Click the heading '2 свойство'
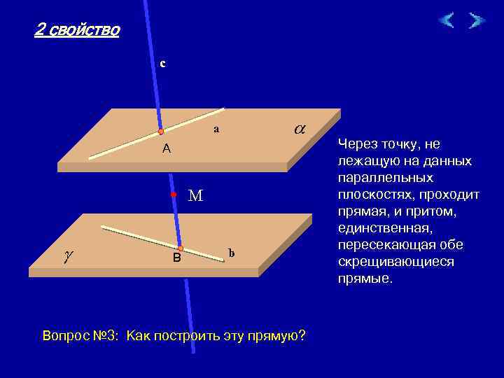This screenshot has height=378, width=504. pos(77,30)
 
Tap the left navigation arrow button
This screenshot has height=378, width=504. pos(446,20)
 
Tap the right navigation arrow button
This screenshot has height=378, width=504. pos(477,20)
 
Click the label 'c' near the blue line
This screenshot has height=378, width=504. pos(162,63)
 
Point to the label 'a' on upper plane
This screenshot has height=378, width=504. pos(216,129)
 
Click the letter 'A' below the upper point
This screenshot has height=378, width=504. pos(166,148)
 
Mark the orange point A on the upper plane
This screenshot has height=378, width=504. pos(160,132)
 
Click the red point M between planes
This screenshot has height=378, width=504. pos(174,195)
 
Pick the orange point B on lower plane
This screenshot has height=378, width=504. pos(180,248)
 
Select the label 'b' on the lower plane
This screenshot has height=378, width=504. pos(232,253)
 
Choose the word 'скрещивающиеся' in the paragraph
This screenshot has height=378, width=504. pos(395,262)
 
